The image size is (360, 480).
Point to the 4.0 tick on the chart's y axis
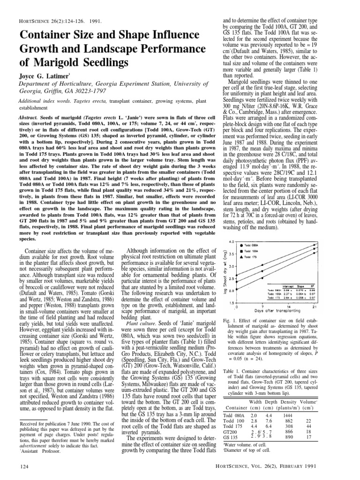230,241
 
